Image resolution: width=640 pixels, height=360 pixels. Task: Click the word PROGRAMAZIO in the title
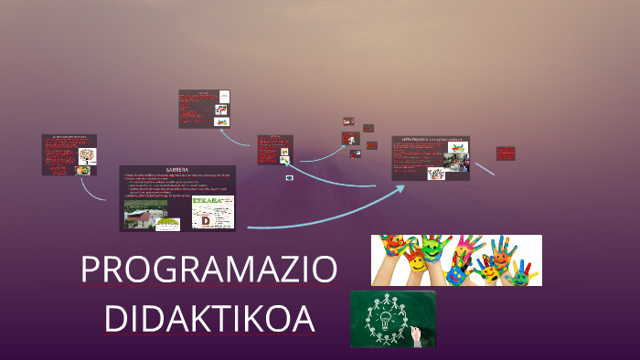tap(209, 270)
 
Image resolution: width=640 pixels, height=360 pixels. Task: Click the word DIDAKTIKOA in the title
tap(209, 319)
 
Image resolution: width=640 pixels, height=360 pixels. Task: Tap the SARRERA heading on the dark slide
tap(177, 171)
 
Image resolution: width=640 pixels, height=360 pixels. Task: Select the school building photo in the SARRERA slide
tap(145, 214)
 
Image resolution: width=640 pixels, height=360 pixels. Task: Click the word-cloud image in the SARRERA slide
tap(212, 212)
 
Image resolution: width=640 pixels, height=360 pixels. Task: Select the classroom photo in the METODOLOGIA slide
tap(453, 163)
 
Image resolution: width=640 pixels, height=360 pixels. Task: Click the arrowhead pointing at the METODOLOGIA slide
tap(400, 188)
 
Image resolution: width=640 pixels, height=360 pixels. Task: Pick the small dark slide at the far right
tap(506, 154)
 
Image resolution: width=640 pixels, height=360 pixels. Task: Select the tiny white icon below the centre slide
tap(290, 177)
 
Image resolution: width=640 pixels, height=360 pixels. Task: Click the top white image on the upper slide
tap(224, 97)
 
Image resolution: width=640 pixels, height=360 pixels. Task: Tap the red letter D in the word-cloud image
tap(205, 220)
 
